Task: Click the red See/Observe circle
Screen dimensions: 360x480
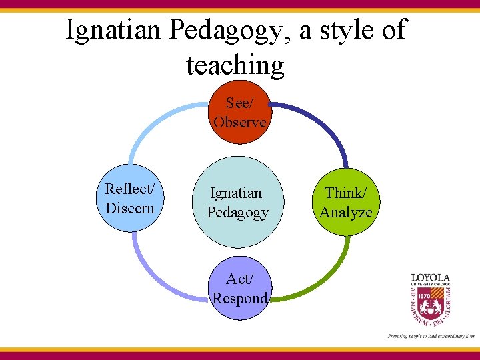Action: pos(240,112)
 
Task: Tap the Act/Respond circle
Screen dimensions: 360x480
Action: pos(240,289)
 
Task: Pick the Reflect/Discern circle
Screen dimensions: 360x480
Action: pos(130,199)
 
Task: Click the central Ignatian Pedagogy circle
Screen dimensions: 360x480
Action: pos(239,203)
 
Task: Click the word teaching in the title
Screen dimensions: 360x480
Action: pos(235,65)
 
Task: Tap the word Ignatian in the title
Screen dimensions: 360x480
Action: pos(114,30)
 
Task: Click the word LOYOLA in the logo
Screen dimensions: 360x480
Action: pos(430,277)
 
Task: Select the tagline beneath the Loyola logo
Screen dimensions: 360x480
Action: pos(431,336)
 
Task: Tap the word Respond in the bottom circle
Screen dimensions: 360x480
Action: pos(240,298)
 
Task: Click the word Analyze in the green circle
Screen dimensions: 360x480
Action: pos(346,213)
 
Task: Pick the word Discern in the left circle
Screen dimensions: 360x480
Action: pos(130,208)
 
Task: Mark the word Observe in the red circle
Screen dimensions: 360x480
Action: pos(240,122)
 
